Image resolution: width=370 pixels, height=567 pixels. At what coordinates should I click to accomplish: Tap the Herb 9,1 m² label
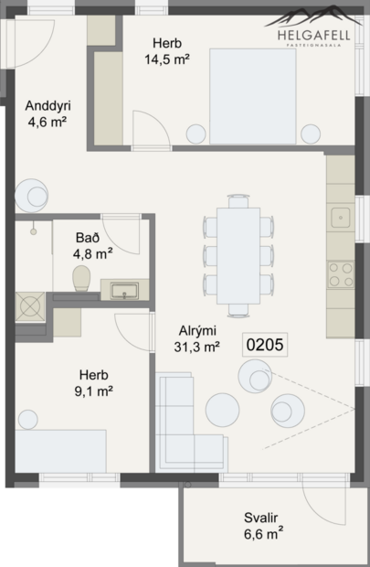click(x=94, y=383)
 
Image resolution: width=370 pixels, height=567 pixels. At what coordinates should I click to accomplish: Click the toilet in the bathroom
click(x=81, y=278)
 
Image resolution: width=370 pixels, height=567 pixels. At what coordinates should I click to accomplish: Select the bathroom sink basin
click(x=123, y=291)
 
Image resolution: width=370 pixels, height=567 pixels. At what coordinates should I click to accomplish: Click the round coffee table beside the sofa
click(x=223, y=406)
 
